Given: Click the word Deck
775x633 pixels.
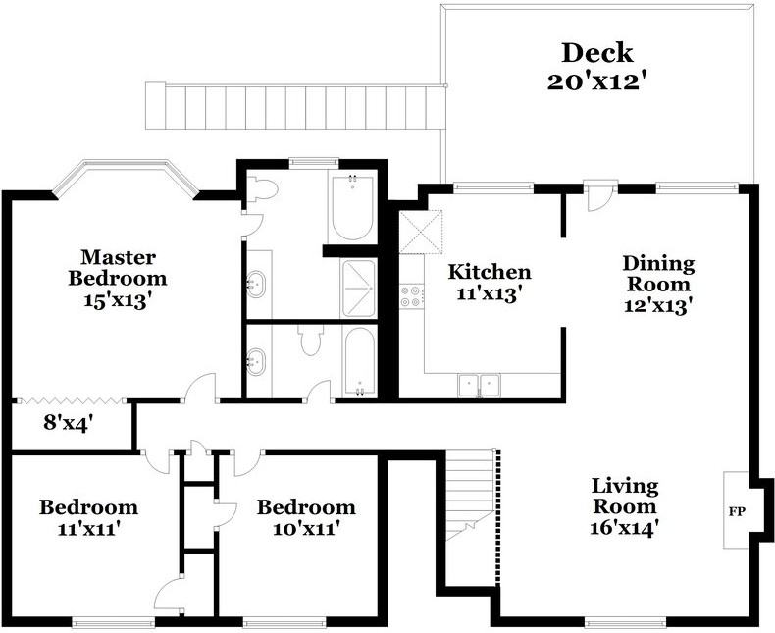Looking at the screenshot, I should click(596, 52).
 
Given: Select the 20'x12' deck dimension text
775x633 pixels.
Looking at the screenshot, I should click(596, 80).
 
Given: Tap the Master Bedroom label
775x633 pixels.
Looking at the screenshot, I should click(118, 267).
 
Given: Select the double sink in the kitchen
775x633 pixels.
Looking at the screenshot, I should click(480, 386).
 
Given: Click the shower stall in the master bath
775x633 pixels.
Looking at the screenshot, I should click(358, 288).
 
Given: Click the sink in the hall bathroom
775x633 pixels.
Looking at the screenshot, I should click(257, 361).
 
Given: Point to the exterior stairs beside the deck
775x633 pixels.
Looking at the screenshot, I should click(294, 105).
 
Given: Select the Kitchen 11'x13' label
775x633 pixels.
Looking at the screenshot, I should click(490, 281).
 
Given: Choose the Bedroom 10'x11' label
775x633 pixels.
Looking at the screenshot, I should click(305, 517).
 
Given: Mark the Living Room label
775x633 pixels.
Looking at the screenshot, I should click(625, 506).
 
